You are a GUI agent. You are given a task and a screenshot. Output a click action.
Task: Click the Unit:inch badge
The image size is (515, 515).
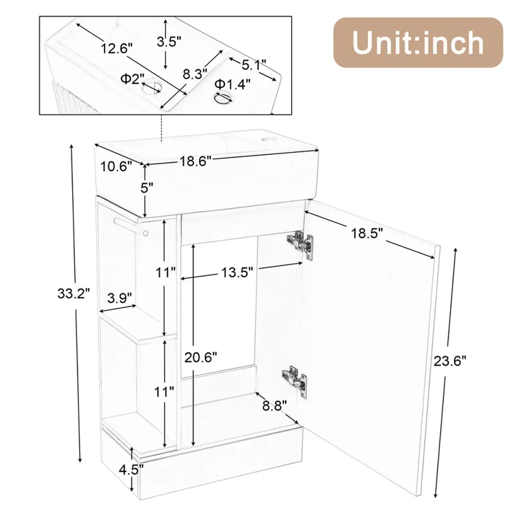[418, 43]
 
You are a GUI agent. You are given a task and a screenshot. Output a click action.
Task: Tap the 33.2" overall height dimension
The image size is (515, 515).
[73, 293]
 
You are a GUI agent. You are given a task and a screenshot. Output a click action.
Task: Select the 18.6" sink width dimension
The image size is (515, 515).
[195, 161]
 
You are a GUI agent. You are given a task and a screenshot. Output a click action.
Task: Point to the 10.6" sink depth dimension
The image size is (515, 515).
[116, 166]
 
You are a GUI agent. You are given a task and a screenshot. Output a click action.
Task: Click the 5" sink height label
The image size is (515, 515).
[147, 188]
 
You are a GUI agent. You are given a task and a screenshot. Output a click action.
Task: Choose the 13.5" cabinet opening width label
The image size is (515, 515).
[237, 272]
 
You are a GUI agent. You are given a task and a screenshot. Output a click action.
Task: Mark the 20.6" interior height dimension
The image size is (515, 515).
[201, 358]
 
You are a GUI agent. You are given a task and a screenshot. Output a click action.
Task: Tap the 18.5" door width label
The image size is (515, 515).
[367, 233]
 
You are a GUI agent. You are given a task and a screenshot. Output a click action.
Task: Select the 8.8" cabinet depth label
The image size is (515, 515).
[275, 406]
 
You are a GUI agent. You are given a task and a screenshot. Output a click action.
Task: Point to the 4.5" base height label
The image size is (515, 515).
[131, 470]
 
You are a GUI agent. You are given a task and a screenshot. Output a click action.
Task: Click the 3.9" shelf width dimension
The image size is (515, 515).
[120, 298]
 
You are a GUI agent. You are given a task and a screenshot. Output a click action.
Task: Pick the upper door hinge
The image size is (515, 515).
[300, 244]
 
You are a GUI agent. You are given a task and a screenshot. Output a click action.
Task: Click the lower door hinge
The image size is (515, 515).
[295, 381]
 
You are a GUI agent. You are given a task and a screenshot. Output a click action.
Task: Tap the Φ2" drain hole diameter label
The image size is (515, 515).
[132, 78]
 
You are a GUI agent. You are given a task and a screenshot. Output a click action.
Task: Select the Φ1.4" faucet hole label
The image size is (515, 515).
[232, 84]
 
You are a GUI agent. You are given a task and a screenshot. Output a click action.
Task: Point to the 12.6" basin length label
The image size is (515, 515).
[116, 48]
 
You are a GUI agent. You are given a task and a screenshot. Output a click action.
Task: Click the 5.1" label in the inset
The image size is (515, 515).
[254, 65]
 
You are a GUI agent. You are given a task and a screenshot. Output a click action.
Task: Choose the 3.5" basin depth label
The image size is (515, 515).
[169, 42]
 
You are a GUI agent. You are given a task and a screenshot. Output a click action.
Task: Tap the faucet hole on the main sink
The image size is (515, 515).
[267, 140]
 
